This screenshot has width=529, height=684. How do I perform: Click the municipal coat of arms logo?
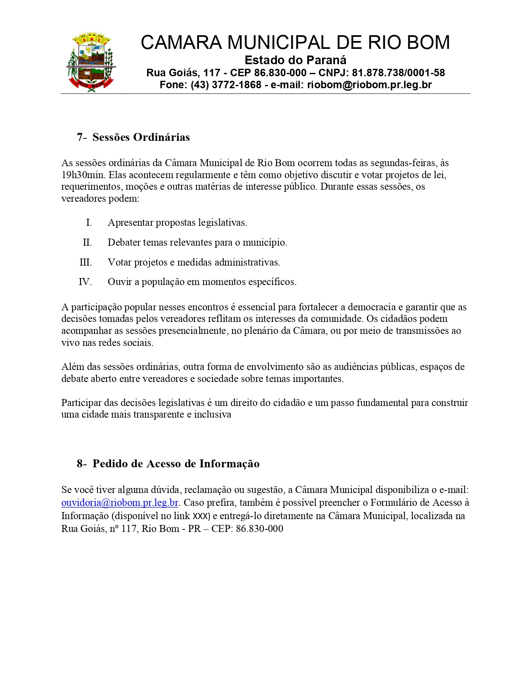coord(91,62)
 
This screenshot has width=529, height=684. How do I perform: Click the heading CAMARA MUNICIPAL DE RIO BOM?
coord(295,43)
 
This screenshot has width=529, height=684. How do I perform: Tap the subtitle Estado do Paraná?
coord(295,60)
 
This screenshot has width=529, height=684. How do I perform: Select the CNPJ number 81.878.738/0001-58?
coord(398,73)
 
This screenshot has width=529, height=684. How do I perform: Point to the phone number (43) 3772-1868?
coord(226,85)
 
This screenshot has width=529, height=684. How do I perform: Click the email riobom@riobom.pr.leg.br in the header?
coord(369,85)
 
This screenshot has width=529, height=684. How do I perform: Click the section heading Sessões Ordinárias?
coord(141,137)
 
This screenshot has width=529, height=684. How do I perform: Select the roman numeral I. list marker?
coord(89,223)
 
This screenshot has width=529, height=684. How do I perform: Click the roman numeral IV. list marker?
coord(85,282)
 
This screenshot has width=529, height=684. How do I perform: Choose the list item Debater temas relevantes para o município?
coord(197,242)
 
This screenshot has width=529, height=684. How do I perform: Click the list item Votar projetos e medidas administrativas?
coord(194,262)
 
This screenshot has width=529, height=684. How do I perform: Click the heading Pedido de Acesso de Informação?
coord(176,464)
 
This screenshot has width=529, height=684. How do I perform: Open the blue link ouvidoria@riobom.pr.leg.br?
coord(120,503)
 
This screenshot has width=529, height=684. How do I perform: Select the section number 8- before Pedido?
coord(82,464)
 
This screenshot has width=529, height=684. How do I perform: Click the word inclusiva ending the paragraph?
coord(212,415)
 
